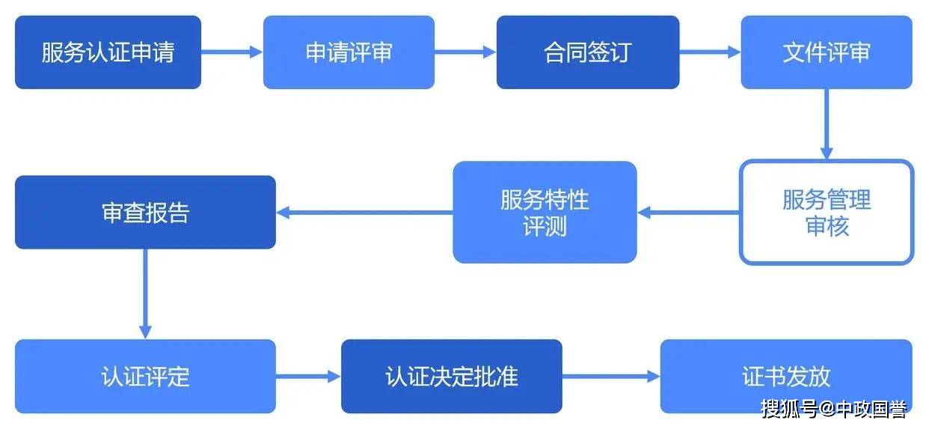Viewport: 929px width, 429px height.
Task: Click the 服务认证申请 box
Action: coord(108,52)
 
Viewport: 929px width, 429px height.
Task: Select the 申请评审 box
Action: coord(349,52)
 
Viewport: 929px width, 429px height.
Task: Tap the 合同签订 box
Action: coord(588,52)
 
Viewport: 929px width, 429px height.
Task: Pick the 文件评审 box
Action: coord(827,52)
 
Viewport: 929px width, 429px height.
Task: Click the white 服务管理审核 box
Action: coord(827,213)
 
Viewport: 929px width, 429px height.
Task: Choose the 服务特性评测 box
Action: coord(545,213)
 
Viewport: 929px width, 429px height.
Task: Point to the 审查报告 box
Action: coord(145,213)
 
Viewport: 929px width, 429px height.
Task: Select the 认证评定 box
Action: coord(145,377)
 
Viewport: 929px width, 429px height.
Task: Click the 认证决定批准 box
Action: coord(452,377)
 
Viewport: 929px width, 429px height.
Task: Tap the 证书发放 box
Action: coord(786,377)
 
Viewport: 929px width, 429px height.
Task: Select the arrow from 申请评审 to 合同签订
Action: coord(465,52)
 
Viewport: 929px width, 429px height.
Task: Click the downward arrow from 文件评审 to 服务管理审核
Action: coord(827,124)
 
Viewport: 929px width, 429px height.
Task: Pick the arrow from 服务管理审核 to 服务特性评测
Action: coord(688,213)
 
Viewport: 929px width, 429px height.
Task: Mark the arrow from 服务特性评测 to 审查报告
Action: coord(364,213)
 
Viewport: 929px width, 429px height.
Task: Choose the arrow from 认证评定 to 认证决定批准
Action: coord(308,377)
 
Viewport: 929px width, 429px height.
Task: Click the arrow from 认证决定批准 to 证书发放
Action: coord(610,377)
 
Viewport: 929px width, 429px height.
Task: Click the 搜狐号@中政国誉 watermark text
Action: coord(834,409)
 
